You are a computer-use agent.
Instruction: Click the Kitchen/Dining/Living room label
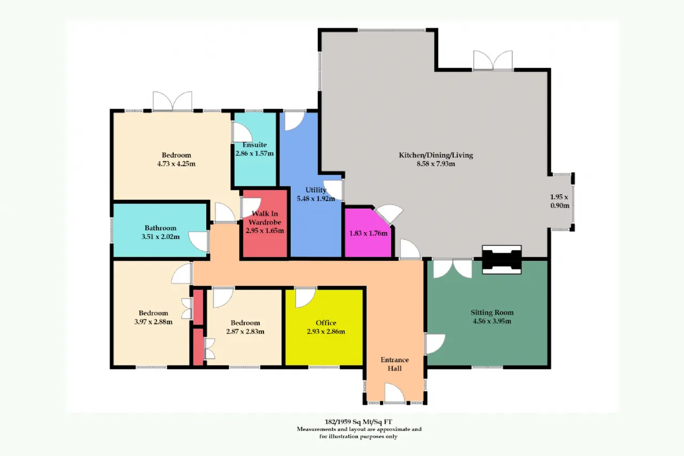tap(436, 155)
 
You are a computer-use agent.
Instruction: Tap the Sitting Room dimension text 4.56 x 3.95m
tap(492, 321)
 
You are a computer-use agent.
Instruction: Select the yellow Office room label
tap(326, 323)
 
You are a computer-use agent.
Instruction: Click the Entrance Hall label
tap(394, 364)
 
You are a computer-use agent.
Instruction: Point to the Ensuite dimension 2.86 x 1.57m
tap(254, 153)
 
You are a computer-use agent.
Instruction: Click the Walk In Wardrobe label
tap(265, 218)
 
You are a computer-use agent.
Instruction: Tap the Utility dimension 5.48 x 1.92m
tap(316, 198)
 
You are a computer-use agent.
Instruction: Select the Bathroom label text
tap(160, 228)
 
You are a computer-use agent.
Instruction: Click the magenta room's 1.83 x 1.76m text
tap(368, 233)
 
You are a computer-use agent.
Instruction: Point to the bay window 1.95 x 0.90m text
tap(559, 202)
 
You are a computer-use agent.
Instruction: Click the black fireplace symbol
tap(502, 260)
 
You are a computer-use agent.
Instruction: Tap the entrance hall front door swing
tap(395, 393)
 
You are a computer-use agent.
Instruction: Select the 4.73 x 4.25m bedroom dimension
tap(176, 164)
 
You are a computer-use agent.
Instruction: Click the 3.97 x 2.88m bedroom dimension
tap(153, 322)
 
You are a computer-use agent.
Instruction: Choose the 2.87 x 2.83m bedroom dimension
tap(245, 331)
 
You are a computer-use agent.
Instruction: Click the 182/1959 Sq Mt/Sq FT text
tap(358, 422)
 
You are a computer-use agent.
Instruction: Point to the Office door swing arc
tap(306, 298)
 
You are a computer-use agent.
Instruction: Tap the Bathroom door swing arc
tap(198, 242)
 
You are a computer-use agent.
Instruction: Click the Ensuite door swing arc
tap(243, 132)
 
